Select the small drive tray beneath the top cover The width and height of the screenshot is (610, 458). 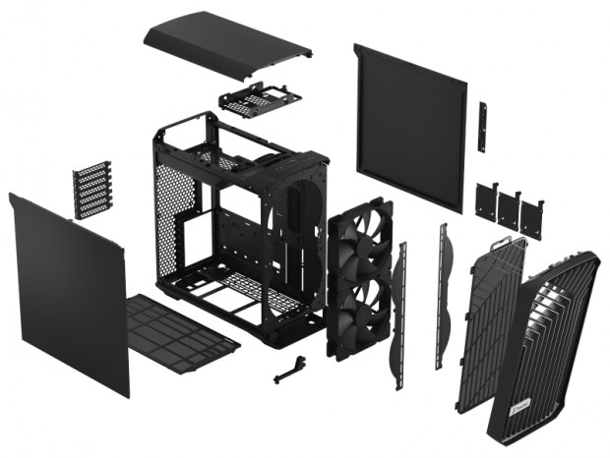click(x=254, y=99)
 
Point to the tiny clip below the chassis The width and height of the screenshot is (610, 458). click(x=287, y=371)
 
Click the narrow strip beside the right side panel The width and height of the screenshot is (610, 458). click(x=482, y=127)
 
